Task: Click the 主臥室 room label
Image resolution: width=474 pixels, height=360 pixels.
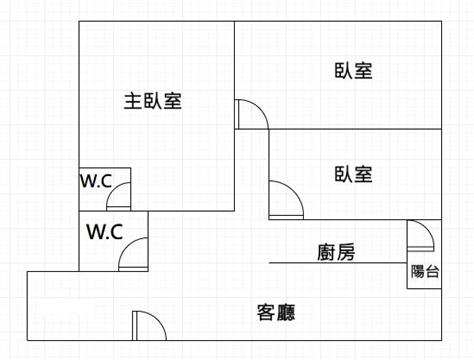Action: coord(153,101)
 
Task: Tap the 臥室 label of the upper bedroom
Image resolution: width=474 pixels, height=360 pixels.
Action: coord(353,71)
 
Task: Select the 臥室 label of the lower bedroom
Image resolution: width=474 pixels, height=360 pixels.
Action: coord(353,174)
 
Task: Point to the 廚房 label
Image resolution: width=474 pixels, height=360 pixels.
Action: coord(336,252)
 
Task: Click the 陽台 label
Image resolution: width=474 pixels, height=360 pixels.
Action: coord(425,271)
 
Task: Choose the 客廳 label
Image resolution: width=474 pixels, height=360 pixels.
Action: coord(276,312)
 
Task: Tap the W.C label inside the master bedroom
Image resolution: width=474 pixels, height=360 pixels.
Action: coord(96,181)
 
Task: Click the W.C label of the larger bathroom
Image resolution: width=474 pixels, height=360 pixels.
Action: coord(105,231)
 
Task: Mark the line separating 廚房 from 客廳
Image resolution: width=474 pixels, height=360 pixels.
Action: coord(338,263)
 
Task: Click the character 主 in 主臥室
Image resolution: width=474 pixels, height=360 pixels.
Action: coord(133,101)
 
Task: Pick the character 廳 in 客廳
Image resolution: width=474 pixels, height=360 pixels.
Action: coord(286,312)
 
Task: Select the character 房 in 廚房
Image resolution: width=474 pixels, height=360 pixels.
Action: coord(346,252)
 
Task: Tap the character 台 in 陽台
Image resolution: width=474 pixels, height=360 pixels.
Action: coord(432,271)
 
